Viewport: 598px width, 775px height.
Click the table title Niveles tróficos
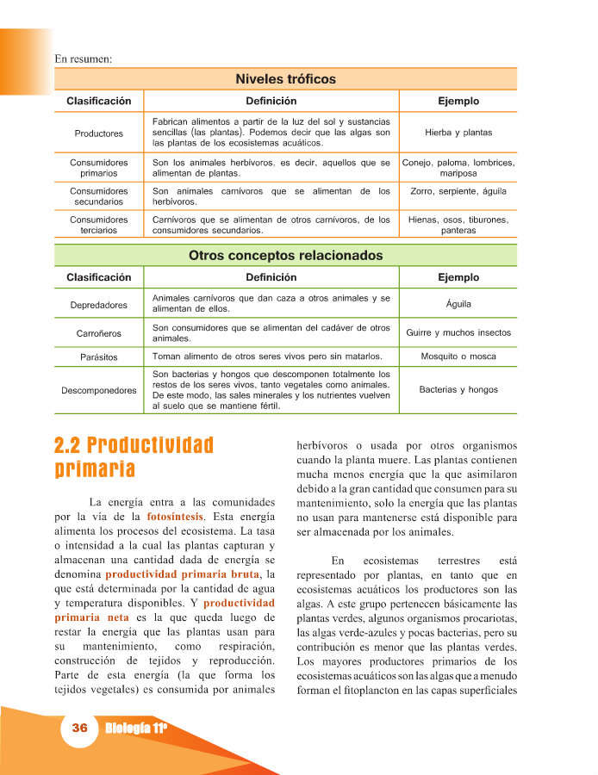(x=285, y=79)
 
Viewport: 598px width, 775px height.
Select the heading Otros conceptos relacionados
(x=285, y=256)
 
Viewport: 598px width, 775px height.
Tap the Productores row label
(x=98, y=133)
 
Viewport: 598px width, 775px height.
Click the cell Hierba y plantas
(x=458, y=133)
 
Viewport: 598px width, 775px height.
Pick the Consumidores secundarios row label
(x=98, y=196)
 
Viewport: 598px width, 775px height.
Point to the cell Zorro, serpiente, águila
(x=458, y=191)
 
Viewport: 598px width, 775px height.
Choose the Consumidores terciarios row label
(x=98, y=225)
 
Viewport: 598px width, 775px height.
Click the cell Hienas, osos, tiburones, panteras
(x=458, y=225)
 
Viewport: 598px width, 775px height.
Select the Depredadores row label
(x=98, y=305)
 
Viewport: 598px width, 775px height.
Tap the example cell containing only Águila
(x=458, y=304)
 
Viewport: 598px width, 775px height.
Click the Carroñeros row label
(x=98, y=333)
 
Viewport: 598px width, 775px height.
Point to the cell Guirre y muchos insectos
(x=458, y=332)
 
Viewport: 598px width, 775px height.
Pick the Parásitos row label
(x=98, y=356)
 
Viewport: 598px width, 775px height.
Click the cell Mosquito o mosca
(x=458, y=356)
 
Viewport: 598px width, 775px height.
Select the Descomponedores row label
(x=98, y=391)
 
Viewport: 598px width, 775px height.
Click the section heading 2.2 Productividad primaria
(x=133, y=457)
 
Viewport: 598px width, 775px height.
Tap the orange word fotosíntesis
(x=176, y=517)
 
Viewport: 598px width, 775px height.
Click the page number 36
(x=80, y=728)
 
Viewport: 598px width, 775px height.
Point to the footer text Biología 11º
(x=135, y=728)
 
